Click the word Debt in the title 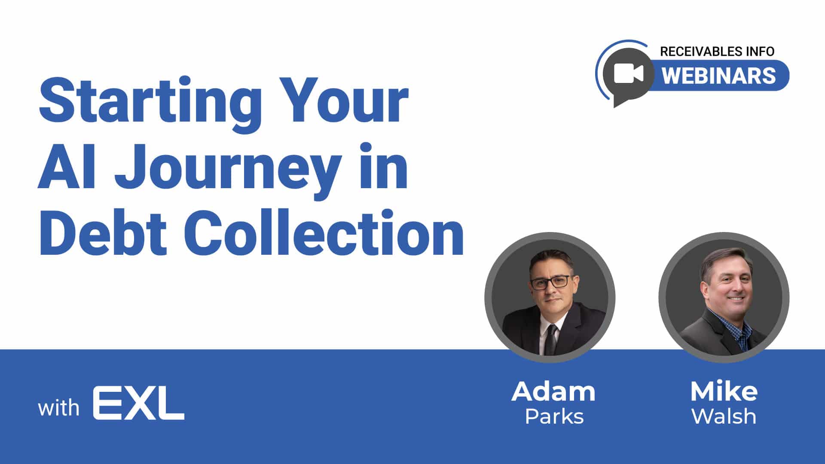[103, 232]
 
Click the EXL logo [139, 403]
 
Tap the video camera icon [628, 73]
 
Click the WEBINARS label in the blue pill [719, 75]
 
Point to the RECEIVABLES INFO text [717, 52]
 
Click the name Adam [553, 392]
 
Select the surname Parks [554, 416]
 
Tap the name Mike [724, 391]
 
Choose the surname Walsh [724, 416]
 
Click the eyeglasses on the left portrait [550, 282]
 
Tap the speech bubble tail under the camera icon [621, 101]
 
